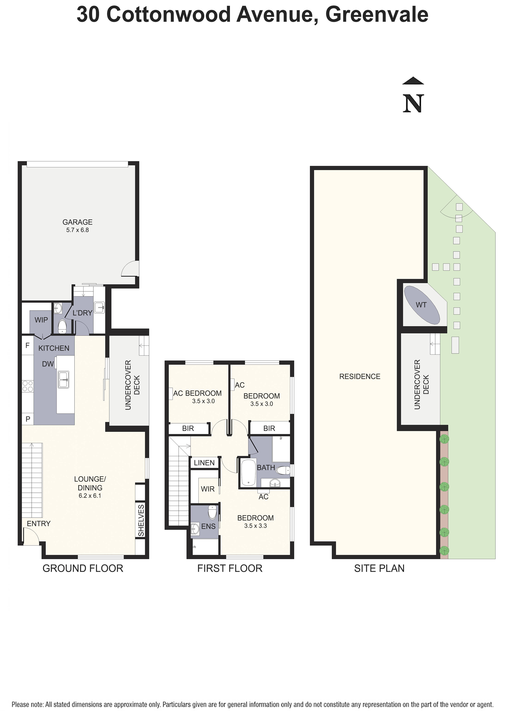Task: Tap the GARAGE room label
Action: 77,222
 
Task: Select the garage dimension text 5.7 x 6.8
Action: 77,230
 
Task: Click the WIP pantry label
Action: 41,320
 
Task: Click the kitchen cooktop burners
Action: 28,386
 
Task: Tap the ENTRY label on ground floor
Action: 39,524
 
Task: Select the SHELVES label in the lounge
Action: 141,520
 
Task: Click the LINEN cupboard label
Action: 204,463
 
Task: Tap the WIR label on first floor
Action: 208,489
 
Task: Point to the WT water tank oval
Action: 421,305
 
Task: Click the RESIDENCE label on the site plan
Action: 360,376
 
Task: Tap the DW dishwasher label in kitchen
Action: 48,364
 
